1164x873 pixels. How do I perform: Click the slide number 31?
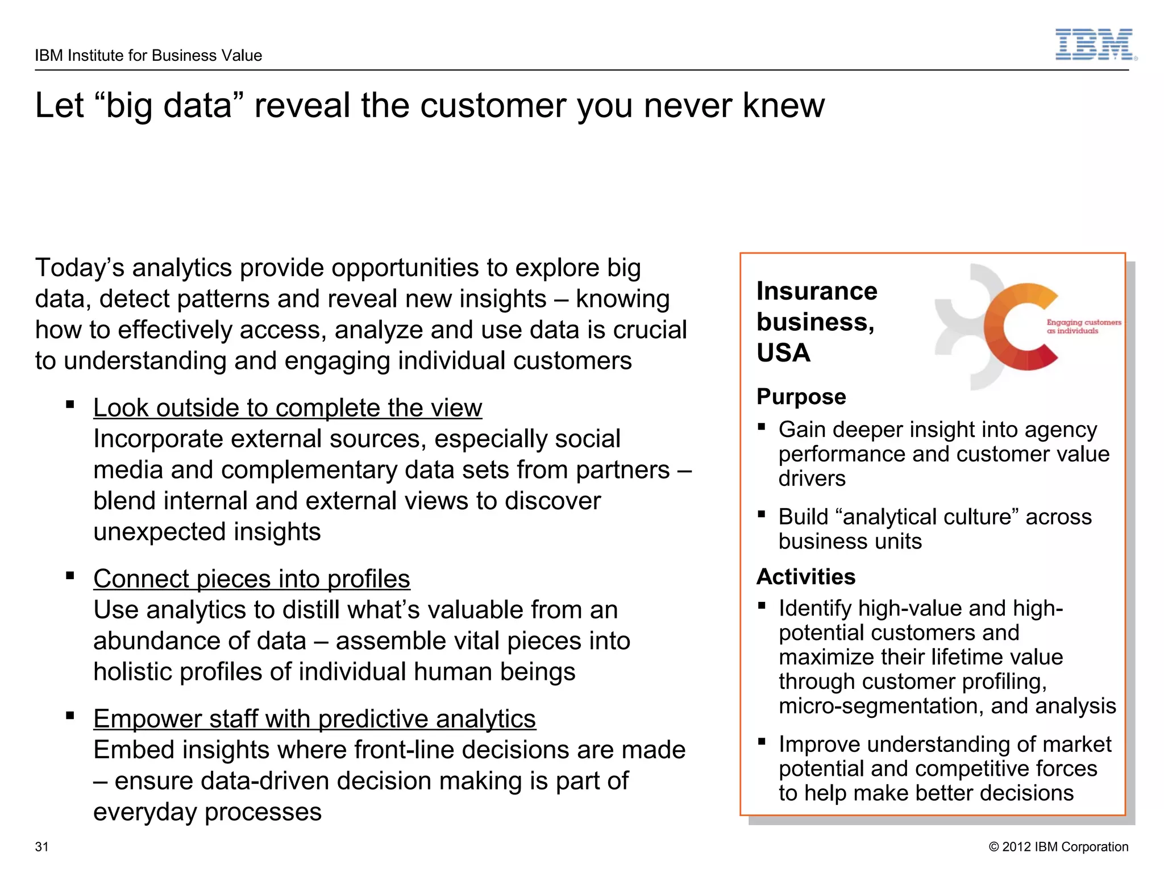click(42, 847)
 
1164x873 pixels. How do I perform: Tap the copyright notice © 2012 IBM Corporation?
click(1058, 847)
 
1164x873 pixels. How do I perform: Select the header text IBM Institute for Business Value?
click(148, 55)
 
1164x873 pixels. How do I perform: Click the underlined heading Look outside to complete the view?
click(288, 408)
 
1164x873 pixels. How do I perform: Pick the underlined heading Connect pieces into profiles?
click(252, 579)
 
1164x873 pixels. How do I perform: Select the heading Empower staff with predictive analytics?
click(314, 719)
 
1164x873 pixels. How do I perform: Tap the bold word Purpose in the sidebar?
click(801, 397)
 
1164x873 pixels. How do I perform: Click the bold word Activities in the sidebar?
click(805, 577)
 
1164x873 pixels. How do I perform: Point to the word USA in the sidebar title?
click(783, 353)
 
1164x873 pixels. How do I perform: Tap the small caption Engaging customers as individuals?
click(1083, 326)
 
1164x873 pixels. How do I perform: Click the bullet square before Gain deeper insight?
click(762, 427)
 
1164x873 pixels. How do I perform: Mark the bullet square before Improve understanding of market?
click(762, 742)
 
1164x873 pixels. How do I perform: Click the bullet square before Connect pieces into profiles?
click(70, 576)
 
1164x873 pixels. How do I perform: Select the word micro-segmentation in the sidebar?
click(880, 706)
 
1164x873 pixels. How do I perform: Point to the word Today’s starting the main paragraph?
click(79, 268)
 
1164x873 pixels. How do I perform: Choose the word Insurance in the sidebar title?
click(817, 292)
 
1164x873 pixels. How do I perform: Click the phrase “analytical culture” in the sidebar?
click(927, 517)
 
